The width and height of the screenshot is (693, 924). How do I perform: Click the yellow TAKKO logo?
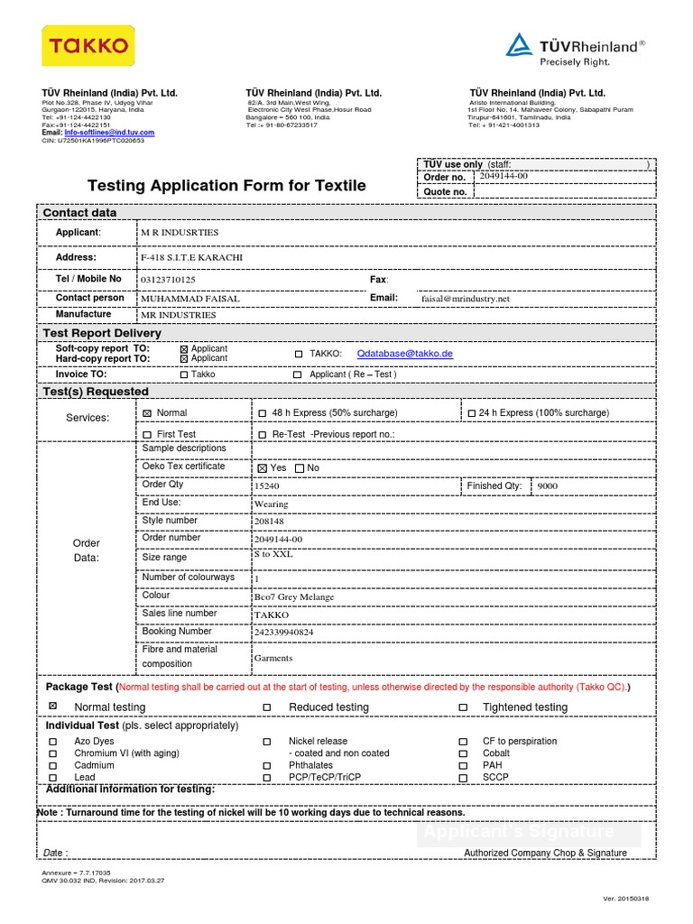click(x=89, y=46)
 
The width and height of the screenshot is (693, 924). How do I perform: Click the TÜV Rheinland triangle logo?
click(x=518, y=45)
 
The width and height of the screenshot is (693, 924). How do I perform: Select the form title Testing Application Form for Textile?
click(x=226, y=186)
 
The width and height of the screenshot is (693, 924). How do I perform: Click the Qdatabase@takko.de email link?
click(x=405, y=354)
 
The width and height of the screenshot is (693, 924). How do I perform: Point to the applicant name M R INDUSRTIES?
click(x=180, y=233)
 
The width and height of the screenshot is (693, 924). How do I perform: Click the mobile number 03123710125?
click(x=169, y=281)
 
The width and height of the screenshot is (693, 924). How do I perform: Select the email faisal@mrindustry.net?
click(x=466, y=299)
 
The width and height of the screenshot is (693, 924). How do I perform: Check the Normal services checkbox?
click(x=147, y=413)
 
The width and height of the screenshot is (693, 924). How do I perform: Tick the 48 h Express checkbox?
click(x=263, y=413)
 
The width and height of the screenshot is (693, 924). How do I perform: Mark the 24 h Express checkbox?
click(x=471, y=413)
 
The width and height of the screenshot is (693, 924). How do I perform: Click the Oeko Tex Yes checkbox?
click(x=262, y=468)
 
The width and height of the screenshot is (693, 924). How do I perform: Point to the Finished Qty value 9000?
click(x=548, y=486)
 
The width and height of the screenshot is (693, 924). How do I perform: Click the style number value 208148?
click(x=269, y=522)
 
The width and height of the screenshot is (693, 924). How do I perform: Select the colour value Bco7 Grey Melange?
click(x=294, y=597)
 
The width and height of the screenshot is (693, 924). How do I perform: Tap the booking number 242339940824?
click(x=284, y=633)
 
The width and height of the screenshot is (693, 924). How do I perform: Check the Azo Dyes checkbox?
click(x=52, y=742)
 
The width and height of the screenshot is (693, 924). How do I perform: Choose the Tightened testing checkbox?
click(x=463, y=707)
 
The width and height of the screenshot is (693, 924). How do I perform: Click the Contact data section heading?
click(x=80, y=213)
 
